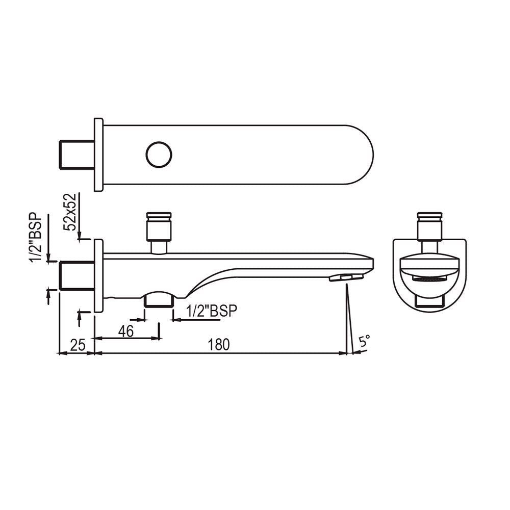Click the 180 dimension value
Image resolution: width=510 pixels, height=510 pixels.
pos(219,345)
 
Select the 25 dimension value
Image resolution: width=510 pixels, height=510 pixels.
pos(77,345)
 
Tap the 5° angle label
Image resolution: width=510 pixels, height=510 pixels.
pos(364,342)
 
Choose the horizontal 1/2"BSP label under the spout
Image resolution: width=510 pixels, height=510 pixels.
pos(212,311)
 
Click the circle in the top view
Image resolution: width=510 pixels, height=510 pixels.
pos(159,155)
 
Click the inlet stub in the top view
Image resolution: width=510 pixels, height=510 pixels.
pos(77,155)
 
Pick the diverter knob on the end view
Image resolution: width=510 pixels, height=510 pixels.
pos(430,224)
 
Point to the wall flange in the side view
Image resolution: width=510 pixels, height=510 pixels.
pos(98,275)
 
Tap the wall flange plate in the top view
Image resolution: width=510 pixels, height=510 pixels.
pos(98,155)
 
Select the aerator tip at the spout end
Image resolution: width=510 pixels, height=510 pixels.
pos(346,277)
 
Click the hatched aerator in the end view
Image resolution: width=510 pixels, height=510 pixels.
pos(430,280)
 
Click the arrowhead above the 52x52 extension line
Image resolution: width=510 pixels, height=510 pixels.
pos(79,235)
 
